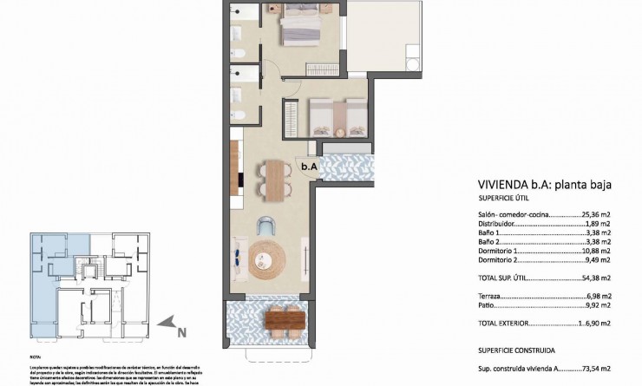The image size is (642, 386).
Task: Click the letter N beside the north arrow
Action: pos(181,330)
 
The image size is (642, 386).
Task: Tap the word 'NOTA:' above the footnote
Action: pos(34,356)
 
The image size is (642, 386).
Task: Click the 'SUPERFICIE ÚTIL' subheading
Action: pos(503,199)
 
